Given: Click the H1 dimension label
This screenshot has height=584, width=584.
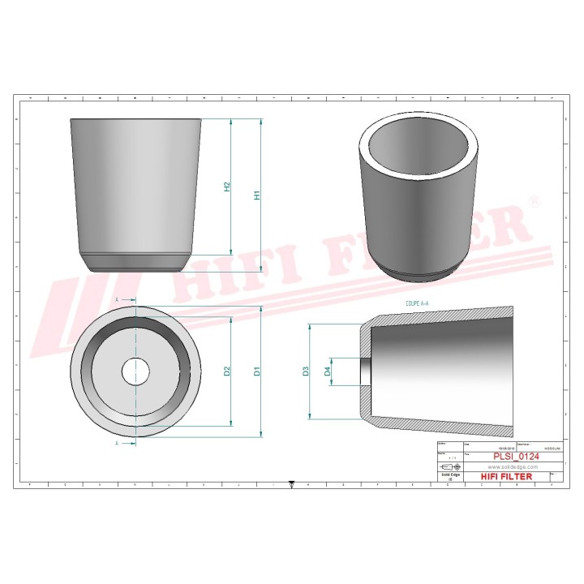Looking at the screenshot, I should click(x=257, y=195).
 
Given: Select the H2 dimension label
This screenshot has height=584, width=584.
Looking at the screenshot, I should click(x=228, y=187).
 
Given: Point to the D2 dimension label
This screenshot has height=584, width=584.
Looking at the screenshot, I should click(x=228, y=371).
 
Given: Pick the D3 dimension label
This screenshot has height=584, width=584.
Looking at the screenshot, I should click(x=306, y=371).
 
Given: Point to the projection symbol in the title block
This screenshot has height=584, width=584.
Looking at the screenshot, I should click(x=449, y=469).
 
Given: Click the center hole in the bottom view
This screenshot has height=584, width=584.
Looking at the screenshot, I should click(x=136, y=371).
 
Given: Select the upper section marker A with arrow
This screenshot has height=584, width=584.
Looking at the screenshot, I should click(x=120, y=300).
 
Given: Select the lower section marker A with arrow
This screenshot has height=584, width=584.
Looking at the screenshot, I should click(x=120, y=444).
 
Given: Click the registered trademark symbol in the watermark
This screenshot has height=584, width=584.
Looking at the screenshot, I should click(x=534, y=200).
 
